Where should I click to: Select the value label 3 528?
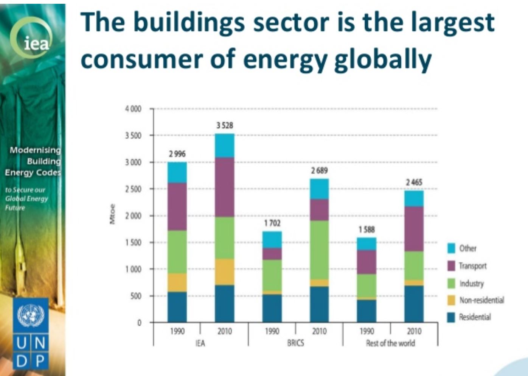[225, 125]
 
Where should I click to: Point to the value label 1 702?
[272, 223]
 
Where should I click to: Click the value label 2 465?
[414, 182]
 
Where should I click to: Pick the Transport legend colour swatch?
[451, 266]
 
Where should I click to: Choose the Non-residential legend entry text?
[481, 300]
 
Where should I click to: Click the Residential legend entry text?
[475, 317]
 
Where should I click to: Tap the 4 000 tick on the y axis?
[133, 109]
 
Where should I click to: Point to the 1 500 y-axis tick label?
[133, 242]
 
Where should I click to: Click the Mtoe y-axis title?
[112, 214]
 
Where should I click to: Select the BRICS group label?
[295, 343]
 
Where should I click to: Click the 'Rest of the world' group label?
[390, 343]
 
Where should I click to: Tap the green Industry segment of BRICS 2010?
[319, 250]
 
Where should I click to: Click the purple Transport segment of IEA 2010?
[225, 187]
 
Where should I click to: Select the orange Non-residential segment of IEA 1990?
[177, 282]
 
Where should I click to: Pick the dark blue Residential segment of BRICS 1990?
[272, 308]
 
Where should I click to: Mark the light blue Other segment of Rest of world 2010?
[414, 198]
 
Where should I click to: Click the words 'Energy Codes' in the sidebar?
[33, 173]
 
